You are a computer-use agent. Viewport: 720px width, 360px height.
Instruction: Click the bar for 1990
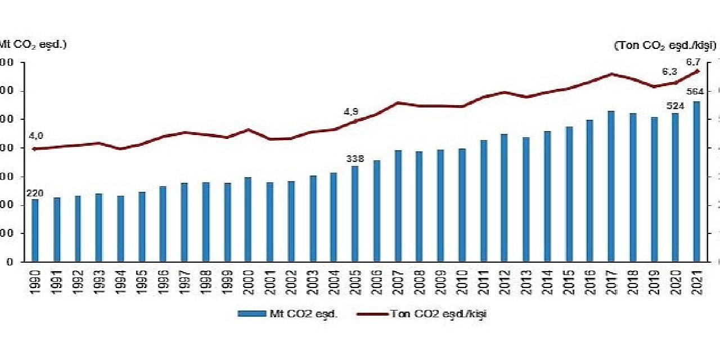tap(35, 231)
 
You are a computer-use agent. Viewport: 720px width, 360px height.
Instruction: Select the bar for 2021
tap(696, 182)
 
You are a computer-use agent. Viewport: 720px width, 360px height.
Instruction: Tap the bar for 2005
tap(354, 214)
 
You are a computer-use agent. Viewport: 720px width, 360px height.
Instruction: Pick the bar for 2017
tap(611, 186)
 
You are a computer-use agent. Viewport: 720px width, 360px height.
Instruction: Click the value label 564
tap(696, 92)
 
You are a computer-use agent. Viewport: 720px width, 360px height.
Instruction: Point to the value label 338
tap(355, 159)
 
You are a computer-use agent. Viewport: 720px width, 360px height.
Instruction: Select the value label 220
tap(34, 193)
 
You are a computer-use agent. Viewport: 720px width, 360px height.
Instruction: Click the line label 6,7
tap(692, 62)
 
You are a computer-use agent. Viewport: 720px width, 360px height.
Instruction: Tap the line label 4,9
tap(351, 112)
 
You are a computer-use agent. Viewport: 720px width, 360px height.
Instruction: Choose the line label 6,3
tap(669, 72)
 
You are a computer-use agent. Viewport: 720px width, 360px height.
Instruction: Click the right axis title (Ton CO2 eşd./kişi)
tap(664, 45)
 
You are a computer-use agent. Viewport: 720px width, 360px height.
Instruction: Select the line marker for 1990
tap(35, 149)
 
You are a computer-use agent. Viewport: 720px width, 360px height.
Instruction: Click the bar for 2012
tap(504, 198)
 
